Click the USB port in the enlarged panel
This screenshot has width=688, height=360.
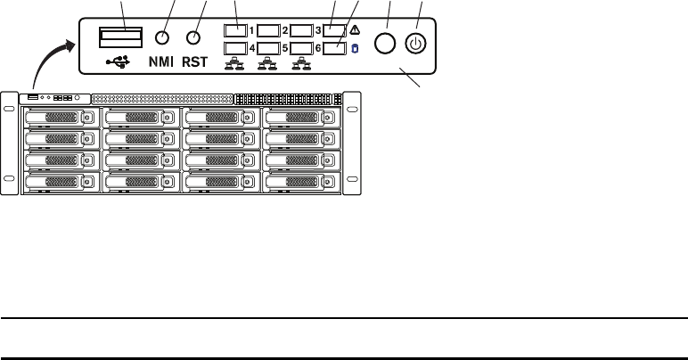[x=120, y=37]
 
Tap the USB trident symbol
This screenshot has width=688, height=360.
[x=117, y=62]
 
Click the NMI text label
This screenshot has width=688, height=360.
[x=160, y=63]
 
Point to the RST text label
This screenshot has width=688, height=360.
[x=197, y=63]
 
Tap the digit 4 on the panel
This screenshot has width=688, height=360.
[x=252, y=48]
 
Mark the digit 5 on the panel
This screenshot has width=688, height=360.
[x=285, y=48]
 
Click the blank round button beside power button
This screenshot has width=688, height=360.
[x=386, y=43]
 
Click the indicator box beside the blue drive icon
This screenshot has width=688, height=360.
[x=334, y=48]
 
